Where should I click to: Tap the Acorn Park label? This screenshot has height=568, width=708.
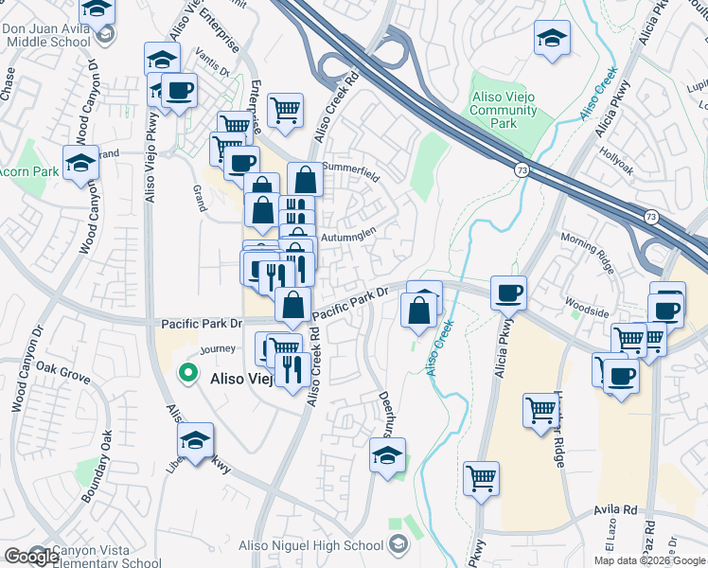(28, 171)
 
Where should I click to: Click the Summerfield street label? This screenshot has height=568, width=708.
(351, 177)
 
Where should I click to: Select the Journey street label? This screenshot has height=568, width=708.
(217, 348)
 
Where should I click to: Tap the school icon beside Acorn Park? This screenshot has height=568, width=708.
(81, 163)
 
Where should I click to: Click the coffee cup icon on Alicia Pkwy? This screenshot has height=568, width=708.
(509, 293)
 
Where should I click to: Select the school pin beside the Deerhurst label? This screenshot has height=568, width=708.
(387, 455)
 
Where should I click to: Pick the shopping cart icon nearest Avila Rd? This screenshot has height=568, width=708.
(482, 479)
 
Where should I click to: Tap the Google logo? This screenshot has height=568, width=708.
(31, 557)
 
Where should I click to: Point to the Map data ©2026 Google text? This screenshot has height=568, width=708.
(649, 560)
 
